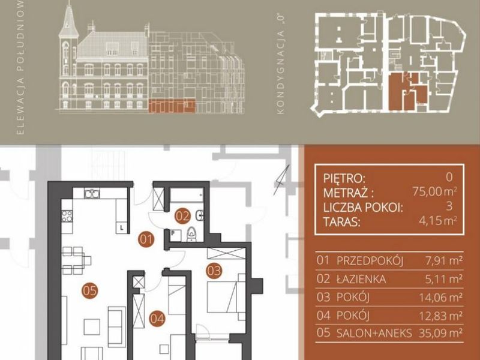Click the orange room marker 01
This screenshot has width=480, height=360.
pos(146,239)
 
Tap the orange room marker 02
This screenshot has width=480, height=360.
pos(183,217)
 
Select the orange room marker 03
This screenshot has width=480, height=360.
pos(214,271)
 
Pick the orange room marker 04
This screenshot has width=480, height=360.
pos(157,319)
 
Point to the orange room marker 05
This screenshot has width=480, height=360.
pos(90,290)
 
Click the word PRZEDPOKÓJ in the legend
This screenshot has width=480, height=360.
pos(370,261)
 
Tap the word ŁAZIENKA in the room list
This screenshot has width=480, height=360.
pos(361,279)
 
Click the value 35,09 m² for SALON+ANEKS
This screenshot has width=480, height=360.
pos(440,333)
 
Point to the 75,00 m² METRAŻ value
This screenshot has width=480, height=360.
pos(434,191)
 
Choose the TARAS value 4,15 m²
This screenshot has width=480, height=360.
pos(438,220)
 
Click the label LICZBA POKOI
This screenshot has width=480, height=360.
pos(363,208)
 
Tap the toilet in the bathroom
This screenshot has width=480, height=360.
pos(191,235)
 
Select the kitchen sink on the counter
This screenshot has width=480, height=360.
pos(92,193)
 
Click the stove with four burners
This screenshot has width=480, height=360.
pos(67,216)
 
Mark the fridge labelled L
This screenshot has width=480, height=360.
pos(122,227)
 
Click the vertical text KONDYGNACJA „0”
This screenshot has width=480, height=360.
pos(280,64)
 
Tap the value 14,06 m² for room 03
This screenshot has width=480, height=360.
pos(440,297)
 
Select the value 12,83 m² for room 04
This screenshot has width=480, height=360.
pos(440,316)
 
